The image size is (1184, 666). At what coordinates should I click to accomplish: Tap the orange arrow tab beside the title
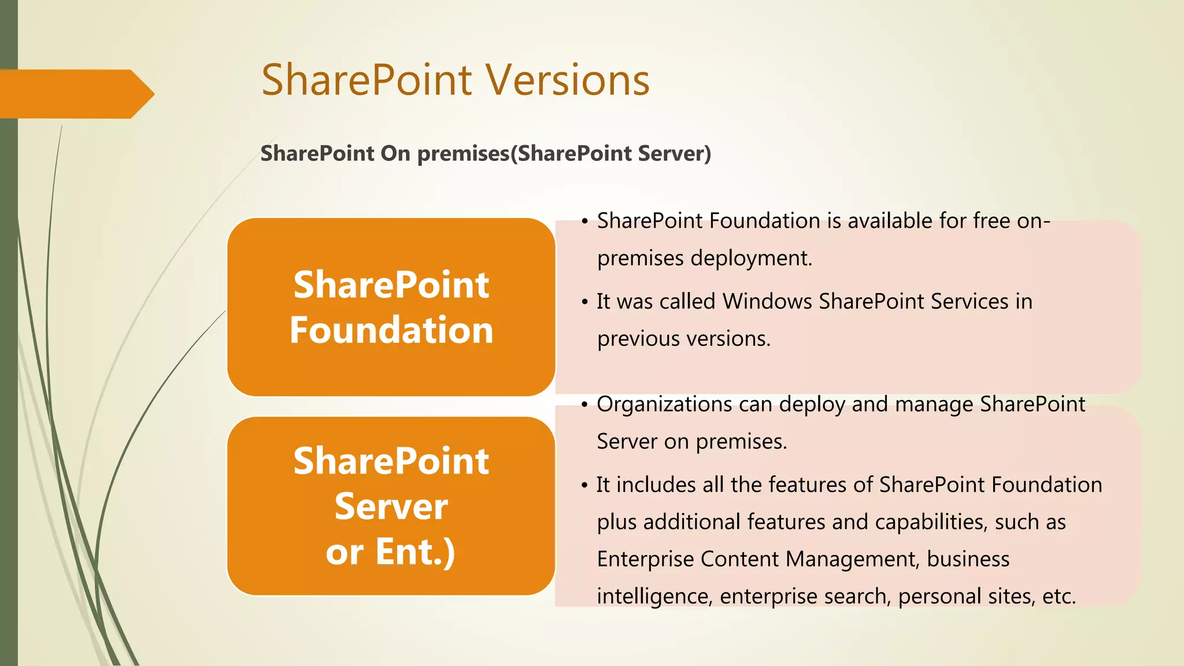75,94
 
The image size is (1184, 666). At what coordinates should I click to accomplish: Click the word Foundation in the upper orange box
391,330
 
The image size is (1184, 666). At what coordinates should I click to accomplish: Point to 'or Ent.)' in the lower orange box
391,552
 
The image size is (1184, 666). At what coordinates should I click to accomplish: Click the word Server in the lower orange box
391,506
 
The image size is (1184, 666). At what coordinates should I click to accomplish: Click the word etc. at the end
1059,596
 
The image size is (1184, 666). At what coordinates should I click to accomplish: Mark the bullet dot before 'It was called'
585,302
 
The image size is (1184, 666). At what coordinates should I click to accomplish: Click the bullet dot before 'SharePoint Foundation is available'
585,221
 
